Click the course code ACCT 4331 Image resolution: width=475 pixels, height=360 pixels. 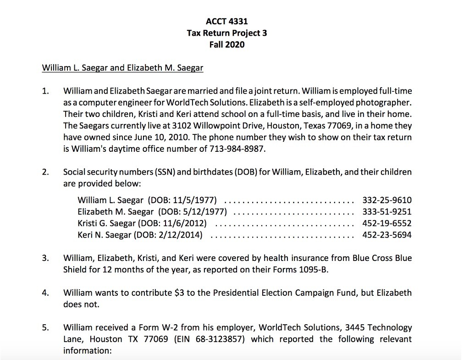[x=227, y=21]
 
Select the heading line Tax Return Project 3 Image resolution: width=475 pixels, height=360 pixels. [x=227, y=33]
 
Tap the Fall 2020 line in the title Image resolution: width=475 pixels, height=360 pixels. [x=227, y=44]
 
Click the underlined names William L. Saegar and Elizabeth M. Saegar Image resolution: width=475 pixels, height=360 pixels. [x=122, y=68]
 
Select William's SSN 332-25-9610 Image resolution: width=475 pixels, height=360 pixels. [x=387, y=200]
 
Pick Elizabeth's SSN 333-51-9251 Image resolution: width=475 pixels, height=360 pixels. [x=387, y=211]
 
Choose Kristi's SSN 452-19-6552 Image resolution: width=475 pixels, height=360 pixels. [x=387, y=223]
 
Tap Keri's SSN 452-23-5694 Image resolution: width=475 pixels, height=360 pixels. [x=387, y=235]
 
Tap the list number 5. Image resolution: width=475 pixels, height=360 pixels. [x=45, y=327]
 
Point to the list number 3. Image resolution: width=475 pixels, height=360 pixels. [x=45, y=258]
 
